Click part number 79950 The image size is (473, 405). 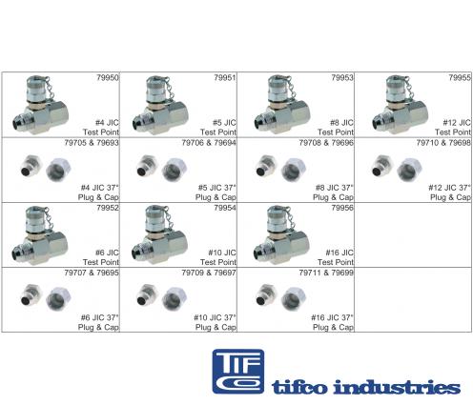108,78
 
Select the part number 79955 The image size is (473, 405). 460,78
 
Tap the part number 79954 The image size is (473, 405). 225,208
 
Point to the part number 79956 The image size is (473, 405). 342,208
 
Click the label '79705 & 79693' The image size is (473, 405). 92,143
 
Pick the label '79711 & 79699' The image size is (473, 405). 326,273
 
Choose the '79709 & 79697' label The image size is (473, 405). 209,273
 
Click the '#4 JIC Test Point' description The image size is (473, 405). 101,128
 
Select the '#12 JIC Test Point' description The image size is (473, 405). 453,128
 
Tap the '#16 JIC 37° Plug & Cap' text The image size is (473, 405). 332,322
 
